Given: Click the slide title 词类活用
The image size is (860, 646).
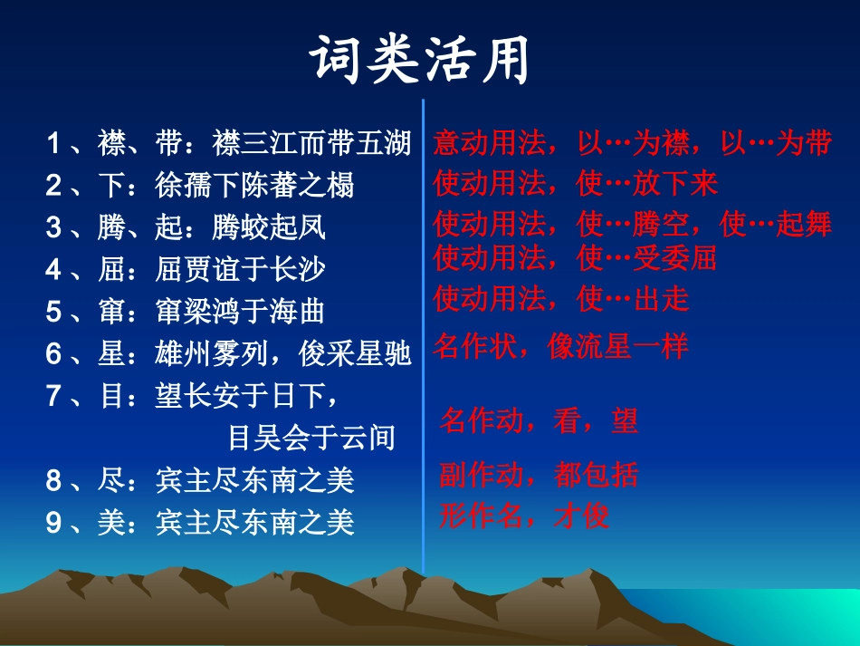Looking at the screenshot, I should click(x=420, y=62).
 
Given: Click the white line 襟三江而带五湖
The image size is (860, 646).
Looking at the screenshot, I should click(x=311, y=143).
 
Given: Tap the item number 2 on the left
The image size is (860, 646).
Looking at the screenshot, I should click(x=54, y=186).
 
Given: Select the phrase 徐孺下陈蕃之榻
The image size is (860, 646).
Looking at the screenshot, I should click(x=254, y=186).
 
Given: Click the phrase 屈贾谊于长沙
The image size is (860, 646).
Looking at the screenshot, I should click(x=241, y=269).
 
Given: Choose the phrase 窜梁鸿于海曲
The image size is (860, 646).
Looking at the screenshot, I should click(x=240, y=311).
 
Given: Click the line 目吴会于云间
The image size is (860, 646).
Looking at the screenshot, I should click(x=311, y=438).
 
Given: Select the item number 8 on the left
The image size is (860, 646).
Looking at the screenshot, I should click(x=54, y=480).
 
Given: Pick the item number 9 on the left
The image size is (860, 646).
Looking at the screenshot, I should click(x=54, y=522).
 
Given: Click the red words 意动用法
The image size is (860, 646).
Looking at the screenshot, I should click(x=490, y=143).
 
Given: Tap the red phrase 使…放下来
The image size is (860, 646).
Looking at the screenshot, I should click(x=646, y=184).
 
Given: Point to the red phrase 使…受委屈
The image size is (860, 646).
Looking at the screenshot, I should click(x=646, y=258).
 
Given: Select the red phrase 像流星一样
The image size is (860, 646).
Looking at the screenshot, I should click(x=618, y=345).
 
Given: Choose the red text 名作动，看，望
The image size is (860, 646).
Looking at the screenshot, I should click(x=539, y=419).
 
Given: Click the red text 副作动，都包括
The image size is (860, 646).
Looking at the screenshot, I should click(x=539, y=474).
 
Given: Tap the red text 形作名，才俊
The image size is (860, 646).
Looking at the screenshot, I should click(x=524, y=516).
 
